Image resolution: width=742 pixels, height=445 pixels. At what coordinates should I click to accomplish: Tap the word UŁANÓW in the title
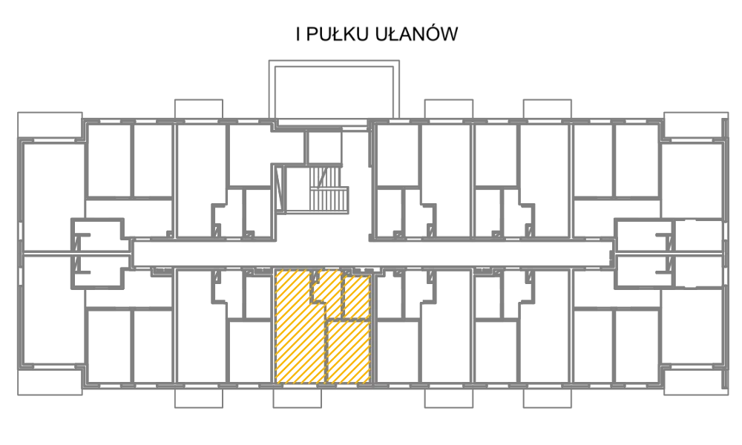tap(417, 34)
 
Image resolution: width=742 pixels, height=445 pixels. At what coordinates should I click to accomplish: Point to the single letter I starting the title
tap(298, 35)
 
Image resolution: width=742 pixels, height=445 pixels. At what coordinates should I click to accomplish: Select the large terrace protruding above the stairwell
tap(334, 90)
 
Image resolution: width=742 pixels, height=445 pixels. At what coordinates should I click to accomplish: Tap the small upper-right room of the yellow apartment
tap(356, 297)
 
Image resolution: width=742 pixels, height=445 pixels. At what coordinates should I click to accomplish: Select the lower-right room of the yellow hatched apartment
tap(348, 352)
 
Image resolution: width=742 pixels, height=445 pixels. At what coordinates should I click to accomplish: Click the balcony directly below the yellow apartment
tap(298, 398)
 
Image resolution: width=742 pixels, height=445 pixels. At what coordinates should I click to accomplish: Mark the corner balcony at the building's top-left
tap(50, 125)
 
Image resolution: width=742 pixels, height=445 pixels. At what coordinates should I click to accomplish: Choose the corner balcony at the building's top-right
tap(696, 125)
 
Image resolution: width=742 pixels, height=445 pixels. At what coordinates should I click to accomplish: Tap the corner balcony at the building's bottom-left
tap(50, 382)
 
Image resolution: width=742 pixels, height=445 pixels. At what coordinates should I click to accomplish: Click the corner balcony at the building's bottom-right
tap(696, 382)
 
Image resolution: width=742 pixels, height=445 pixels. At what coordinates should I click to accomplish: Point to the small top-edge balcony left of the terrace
tap(199, 109)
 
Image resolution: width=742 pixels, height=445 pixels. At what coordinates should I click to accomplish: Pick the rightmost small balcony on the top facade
tap(547, 109)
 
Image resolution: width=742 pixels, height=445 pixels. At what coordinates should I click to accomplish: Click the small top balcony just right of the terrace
tap(449, 109)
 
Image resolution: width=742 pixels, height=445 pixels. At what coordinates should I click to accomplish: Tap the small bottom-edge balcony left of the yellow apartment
tap(199, 398)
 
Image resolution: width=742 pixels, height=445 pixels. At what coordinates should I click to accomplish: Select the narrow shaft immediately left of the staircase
tap(280, 189)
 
